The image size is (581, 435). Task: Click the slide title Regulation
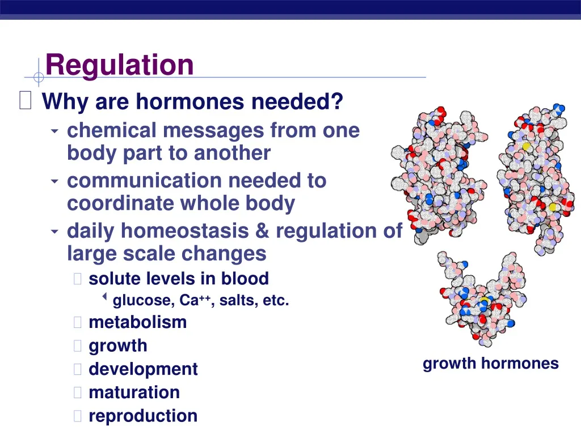coord(119,65)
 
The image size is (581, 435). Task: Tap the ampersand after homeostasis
coord(262,231)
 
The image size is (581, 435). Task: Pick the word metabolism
coord(137,322)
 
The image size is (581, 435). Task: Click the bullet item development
coord(143,369)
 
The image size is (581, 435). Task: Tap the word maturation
coord(134,393)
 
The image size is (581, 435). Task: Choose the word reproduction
coord(143,416)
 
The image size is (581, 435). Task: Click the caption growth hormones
coord(490,364)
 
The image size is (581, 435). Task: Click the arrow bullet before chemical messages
coord(54,131)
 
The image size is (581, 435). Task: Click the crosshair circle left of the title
coord(39,77)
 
